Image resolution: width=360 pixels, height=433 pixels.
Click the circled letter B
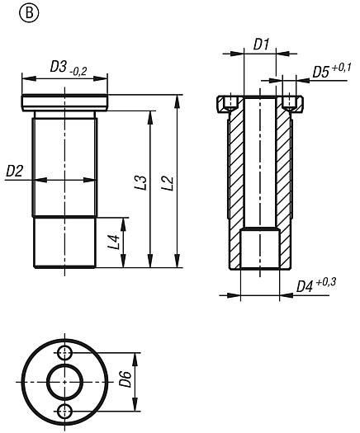click(x=29, y=12)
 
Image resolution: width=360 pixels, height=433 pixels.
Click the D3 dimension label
click(x=58, y=67)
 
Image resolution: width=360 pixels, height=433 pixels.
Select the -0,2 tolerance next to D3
click(x=78, y=72)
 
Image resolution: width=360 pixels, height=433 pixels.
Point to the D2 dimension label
click(x=14, y=172)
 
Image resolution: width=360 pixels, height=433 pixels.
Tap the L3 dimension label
click(x=141, y=182)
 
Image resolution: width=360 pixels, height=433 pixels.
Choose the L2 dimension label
click(x=168, y=183)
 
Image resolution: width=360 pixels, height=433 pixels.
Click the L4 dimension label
click(x=115, y=242)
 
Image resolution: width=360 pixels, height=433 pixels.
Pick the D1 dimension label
click(x=261, y=45)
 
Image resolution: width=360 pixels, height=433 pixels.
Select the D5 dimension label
click(x=320, y=73)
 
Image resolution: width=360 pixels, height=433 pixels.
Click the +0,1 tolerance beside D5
click(x=341, y=68)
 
